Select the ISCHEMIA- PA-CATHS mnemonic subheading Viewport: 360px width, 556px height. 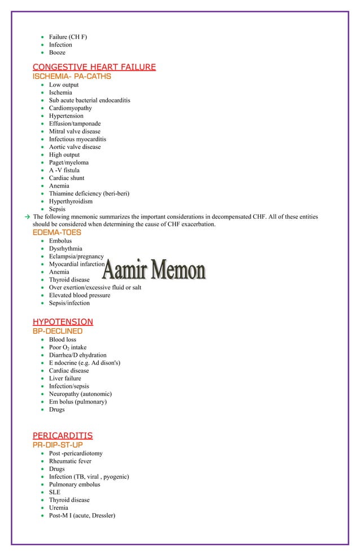[72, 76]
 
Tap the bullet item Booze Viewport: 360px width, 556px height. [57, 52]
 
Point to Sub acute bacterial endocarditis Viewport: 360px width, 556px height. [89, 100]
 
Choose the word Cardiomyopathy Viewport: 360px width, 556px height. [70, 108]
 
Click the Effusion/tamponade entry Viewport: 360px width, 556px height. [75, 123]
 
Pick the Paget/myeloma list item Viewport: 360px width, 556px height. [68, 162]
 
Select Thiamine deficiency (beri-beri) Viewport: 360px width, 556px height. [89, 193]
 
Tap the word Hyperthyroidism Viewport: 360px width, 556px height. [71, 201]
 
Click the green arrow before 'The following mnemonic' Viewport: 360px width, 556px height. [27, 217]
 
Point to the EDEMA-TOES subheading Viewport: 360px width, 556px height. [56, 232]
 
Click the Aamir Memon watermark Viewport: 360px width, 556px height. [153, 271]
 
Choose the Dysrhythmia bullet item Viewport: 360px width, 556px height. [65, 249]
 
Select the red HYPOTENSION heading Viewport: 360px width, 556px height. [63, 322]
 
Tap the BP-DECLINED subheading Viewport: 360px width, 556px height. [58, 331]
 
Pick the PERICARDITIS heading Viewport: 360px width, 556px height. [63, 435]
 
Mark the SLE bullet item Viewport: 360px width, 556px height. [54, 492]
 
